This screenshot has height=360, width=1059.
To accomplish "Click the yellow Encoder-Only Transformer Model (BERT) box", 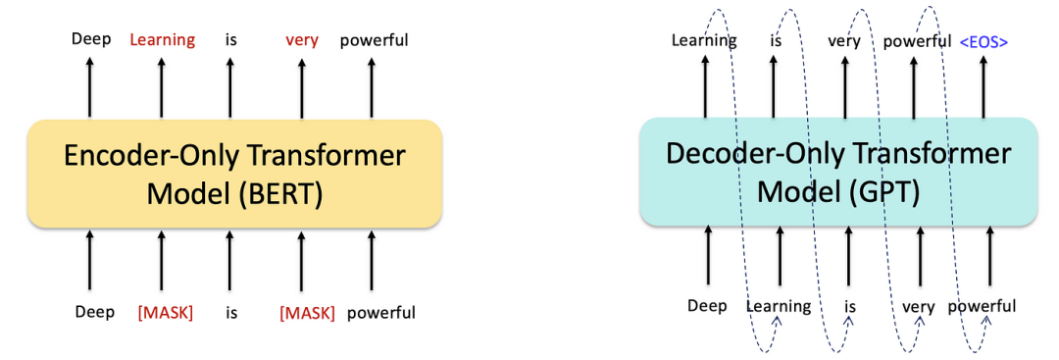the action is pos(234,174).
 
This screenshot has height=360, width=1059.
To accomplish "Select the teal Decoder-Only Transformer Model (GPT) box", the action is pos(838,171).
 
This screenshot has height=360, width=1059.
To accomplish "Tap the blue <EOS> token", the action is pos(984,42).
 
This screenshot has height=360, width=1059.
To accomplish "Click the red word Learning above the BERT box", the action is pos(162,40).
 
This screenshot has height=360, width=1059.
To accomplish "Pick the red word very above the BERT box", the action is pos(301,40).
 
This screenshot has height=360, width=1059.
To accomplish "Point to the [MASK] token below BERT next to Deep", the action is pos(165,313).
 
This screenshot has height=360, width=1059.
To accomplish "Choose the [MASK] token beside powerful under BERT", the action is pos(307,313).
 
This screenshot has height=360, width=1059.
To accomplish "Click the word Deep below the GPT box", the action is pos(707,306).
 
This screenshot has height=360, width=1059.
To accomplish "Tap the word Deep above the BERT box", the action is pos(91,39).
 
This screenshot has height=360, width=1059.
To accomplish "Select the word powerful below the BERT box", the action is pos(380,313).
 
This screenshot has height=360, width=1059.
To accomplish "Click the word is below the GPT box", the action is pos(849,307).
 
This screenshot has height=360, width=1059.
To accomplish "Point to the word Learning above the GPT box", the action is pos(704,41).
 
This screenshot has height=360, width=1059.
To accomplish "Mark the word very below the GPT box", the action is pos(919,308).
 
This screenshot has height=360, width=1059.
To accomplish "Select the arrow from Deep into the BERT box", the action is pos(90,259).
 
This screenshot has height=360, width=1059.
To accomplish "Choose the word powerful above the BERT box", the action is pos(374,40).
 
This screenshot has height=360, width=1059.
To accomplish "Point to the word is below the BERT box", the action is pos(231,313).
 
